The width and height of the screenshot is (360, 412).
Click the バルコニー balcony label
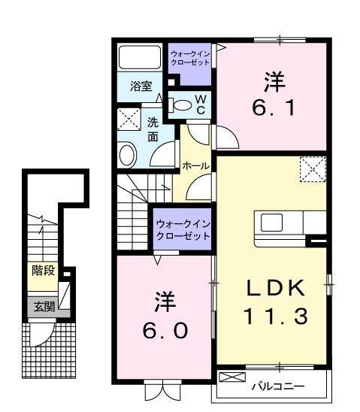click(x=277, y=387)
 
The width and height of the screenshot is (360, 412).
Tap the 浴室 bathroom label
click(x=141, y=86)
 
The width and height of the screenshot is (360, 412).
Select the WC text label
click(x=201, y=105)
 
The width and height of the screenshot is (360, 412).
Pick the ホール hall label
click(x=195, y=165)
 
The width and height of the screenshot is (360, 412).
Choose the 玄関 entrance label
click(x=43, y=306)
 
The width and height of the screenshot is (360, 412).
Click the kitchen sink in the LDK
click(x=271, y=223)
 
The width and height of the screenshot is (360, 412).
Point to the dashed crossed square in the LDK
click(x=310, y=168)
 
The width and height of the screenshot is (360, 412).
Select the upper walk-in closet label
click(x=190, y=58)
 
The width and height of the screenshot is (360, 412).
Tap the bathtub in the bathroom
click(x=140, y=57)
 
